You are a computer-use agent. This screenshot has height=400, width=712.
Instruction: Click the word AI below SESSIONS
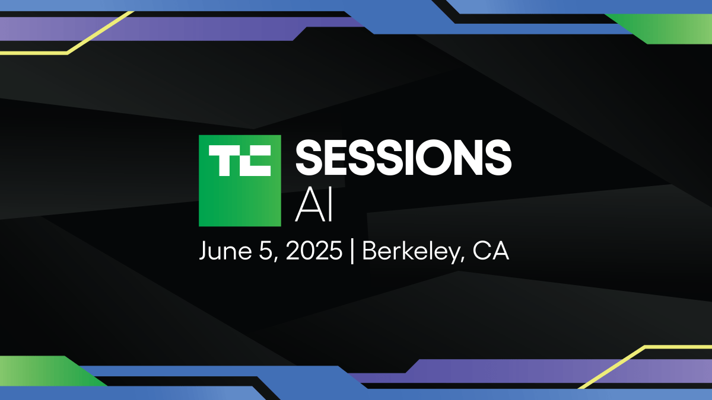[314, 207]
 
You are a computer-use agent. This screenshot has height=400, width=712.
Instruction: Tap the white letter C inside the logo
[255, 161]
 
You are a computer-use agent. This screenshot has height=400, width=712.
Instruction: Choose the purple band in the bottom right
[534, 370]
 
